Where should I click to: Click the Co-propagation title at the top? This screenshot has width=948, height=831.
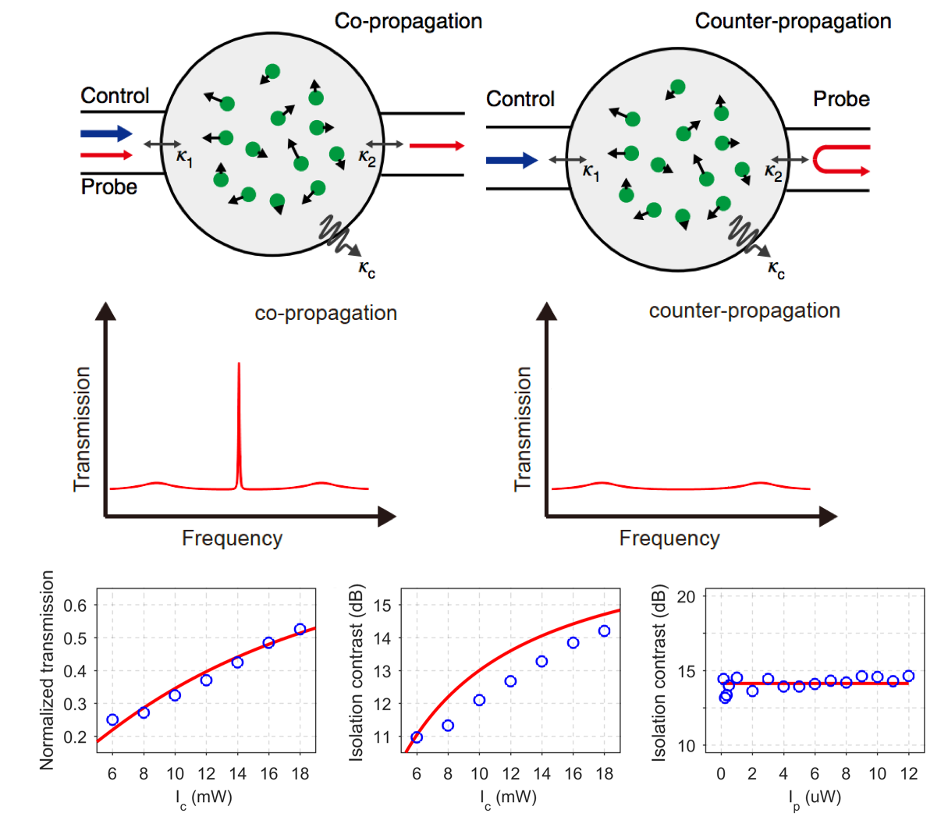tap(408, 21)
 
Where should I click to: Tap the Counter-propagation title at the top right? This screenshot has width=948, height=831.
tap(793, 21)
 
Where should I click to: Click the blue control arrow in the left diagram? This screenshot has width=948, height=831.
tap(106, 133)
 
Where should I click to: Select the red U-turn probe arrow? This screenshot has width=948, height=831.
tap(840, 159)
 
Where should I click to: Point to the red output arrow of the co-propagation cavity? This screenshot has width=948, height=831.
tap(436, 146)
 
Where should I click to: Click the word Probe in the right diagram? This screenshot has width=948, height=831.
tap(841, 99)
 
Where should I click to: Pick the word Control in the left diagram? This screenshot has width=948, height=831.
tap(115, 96)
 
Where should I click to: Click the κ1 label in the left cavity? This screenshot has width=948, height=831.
tap(184, 158)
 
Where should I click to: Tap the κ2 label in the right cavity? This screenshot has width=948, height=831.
tap(772, 173)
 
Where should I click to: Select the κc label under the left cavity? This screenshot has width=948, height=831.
tap(367, 269)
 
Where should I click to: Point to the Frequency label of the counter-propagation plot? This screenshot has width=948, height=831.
tap(669, 538)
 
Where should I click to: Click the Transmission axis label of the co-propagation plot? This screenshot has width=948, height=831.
tap(82, 429)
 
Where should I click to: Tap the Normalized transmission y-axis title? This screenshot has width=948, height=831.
tap(48, 669)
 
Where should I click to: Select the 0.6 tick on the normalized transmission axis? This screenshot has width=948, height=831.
tap(75, 605)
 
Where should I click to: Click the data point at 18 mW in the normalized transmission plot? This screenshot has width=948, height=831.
tap(300, 629)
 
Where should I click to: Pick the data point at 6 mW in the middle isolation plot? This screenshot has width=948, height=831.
tap(417, 737)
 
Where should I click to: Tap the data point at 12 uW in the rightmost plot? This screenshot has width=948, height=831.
tap(908, 677)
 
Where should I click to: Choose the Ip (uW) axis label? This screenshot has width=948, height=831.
tap(814, 797)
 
